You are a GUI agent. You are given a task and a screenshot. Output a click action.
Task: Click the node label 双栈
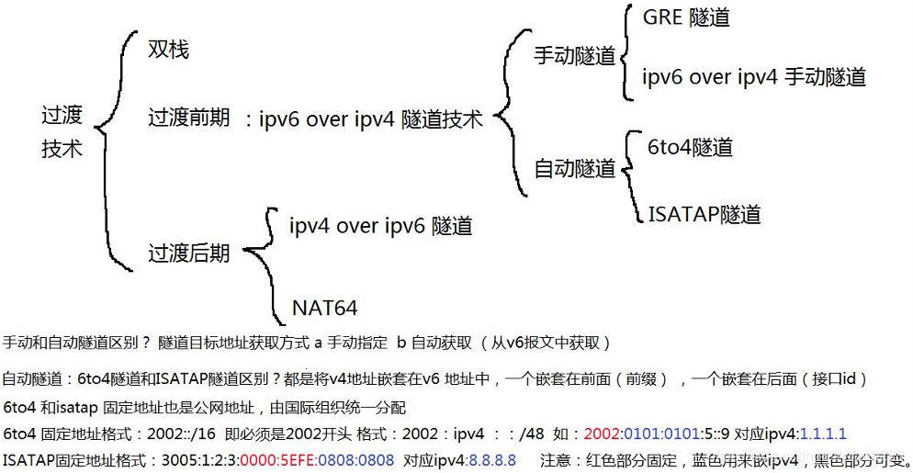[x=168, y=50]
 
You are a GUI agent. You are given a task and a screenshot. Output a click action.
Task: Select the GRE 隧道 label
[x=686, y=17]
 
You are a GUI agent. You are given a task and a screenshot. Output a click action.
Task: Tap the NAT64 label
[x=324, y=307]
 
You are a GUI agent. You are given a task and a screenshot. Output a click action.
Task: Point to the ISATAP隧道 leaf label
[x=704, y=215]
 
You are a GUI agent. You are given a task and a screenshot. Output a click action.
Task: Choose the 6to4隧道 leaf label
[x=690, y=147]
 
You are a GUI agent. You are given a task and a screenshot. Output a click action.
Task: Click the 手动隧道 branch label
[x=575, y=56]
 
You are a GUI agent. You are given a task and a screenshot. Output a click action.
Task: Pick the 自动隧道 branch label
[x=575, y=169]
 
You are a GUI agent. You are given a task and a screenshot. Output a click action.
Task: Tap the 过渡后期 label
[x=189, y=253]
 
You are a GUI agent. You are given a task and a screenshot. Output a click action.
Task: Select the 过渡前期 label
[x=189, y=118]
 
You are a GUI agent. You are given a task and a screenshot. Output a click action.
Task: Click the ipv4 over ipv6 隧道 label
[x=380, y=225]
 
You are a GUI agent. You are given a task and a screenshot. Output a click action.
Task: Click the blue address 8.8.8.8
[x=492, y=459]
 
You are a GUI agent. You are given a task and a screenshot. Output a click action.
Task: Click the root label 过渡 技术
[x=62, y=131]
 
